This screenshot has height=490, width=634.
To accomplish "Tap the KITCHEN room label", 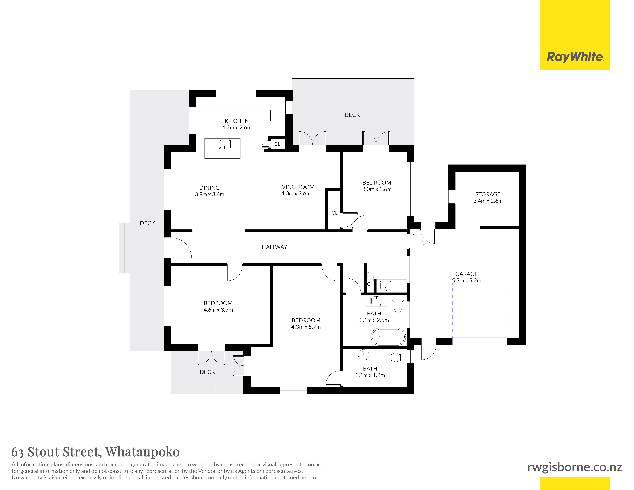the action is point(237,121).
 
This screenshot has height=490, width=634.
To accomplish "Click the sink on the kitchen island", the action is point(225,144).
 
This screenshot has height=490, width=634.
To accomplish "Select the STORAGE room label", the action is point(488,194).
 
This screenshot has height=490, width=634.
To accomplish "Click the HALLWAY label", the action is point(274,247).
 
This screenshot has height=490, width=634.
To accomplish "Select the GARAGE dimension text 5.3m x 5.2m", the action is point(467,280).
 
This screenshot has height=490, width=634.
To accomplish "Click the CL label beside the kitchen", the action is point(277,144).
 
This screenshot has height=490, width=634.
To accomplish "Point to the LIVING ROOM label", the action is point(296,187).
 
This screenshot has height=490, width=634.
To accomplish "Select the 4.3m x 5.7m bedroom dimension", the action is point(306,327).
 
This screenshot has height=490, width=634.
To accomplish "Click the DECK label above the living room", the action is point(352,115).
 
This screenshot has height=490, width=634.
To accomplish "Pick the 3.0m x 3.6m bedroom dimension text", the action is point(377,189).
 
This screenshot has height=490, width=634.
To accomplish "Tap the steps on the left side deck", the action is point(125,248).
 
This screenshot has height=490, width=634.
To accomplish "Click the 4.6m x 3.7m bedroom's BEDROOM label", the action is point(218,303).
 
